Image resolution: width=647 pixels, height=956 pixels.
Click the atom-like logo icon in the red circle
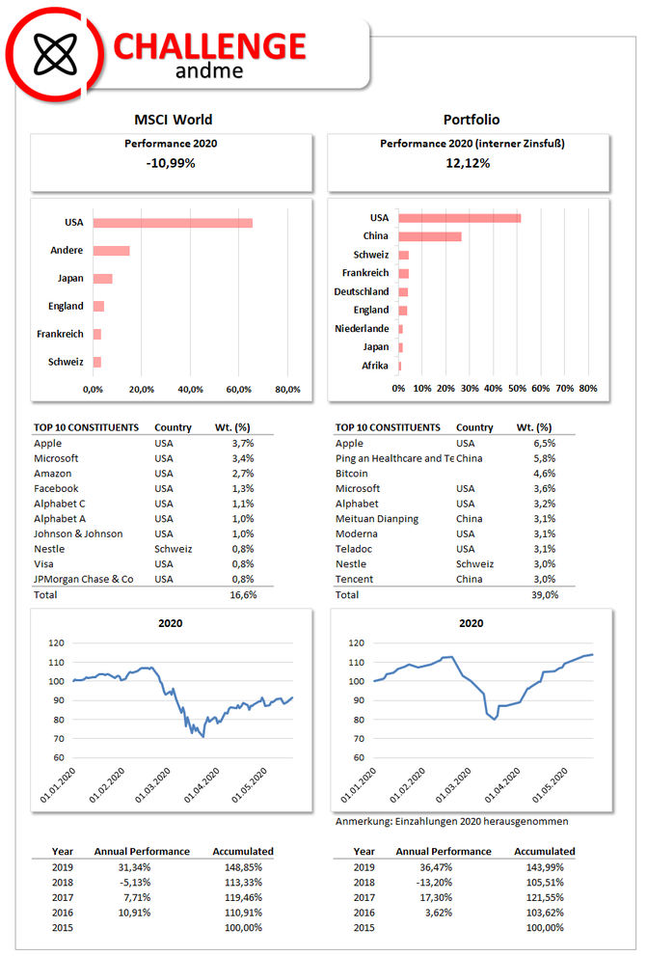point(55,54)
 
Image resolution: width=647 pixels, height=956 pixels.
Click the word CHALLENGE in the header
point(209,47)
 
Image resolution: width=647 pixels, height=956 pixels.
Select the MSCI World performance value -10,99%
point(171,163)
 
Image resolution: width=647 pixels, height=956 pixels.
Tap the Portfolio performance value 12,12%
point(468,163)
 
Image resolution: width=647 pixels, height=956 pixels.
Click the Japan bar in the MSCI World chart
point(102,279)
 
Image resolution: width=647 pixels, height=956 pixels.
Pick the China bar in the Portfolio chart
point(429,236)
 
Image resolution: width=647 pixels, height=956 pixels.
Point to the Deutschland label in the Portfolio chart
point(362,291)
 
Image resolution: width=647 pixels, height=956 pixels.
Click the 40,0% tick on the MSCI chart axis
point(190,389)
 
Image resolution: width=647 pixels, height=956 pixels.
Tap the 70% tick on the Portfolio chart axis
point(564,389)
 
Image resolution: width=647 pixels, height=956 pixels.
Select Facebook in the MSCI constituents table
point(56,488)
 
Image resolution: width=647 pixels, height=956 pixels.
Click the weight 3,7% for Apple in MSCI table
point(243,443)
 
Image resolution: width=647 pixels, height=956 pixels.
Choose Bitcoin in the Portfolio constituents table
point(352,473)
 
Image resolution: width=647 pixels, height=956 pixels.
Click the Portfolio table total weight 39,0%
point(545,594)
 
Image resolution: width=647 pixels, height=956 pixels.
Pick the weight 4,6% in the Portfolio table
point(545,473)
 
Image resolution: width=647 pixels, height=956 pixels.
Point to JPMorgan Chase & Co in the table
point(84,579)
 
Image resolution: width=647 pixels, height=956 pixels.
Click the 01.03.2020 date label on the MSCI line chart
point(153,784)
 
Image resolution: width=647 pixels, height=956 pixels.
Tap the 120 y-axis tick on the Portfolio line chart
point(357,642)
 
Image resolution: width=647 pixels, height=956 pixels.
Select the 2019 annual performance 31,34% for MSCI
point(134,867)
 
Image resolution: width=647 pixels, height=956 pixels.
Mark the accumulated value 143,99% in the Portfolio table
point(545,867)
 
